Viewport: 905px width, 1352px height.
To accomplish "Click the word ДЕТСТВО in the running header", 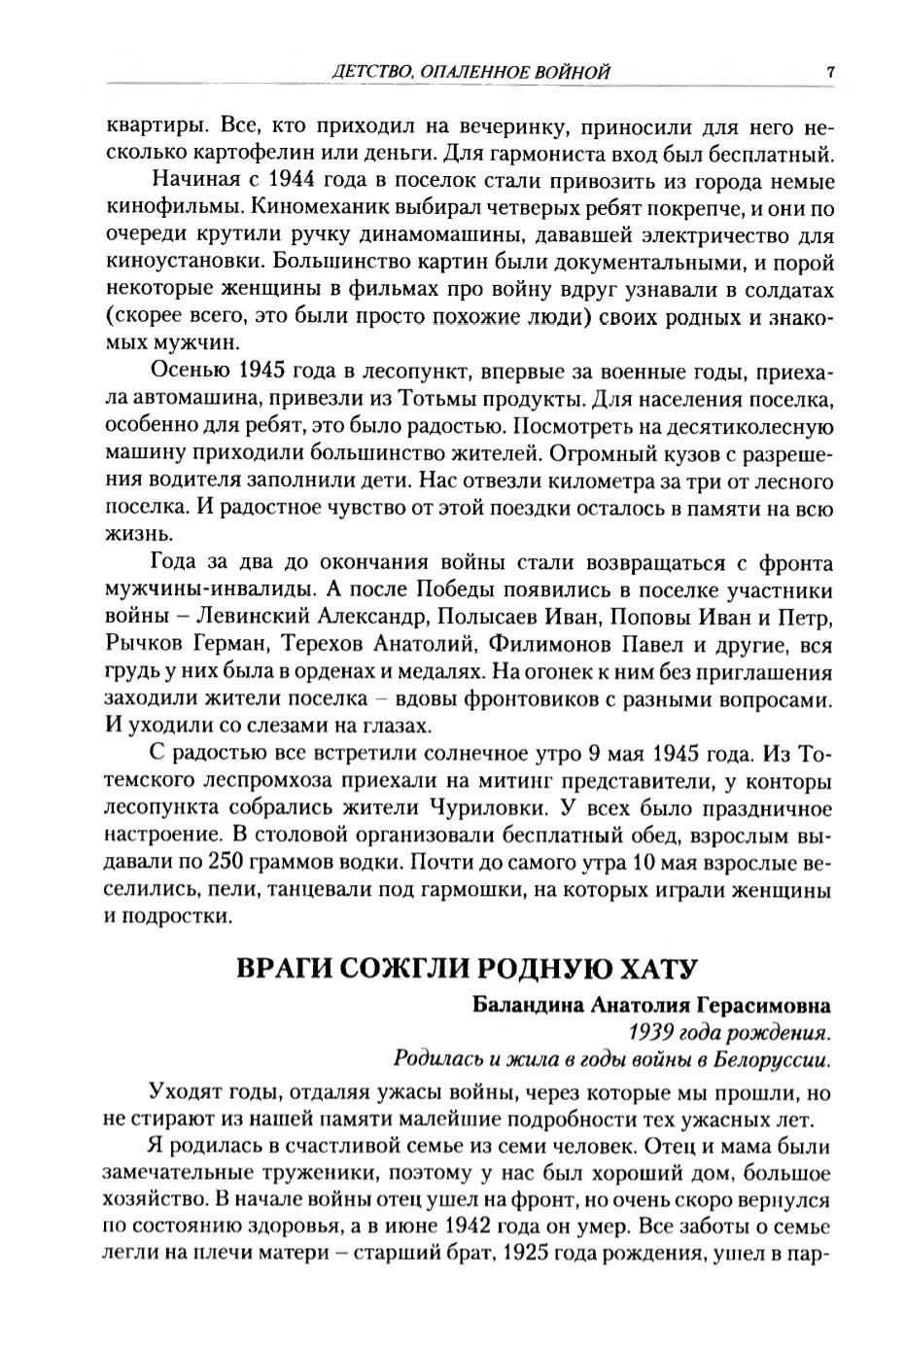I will click(x=363, y=72).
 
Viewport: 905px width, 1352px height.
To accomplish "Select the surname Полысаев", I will click(x=480, y=617).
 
